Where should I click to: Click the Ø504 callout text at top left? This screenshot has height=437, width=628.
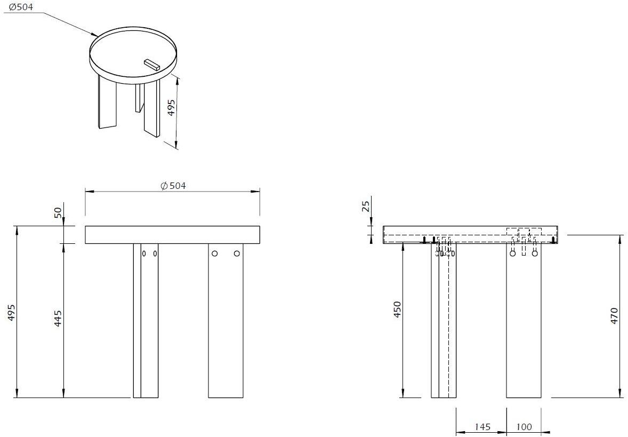[21, 6]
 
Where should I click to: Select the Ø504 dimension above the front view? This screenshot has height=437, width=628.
[173, 186]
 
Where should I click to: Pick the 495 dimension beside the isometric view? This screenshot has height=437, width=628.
[171, 107]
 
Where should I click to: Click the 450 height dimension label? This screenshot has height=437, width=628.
[397, 310]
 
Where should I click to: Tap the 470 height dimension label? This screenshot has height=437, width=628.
[614, 316]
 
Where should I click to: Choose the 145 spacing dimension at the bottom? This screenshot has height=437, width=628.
[481, 427]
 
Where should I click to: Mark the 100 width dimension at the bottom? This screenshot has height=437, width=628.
[524, 427]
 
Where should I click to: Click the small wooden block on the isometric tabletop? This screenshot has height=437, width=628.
[152, 65]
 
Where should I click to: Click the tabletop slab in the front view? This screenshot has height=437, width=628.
[173, 235]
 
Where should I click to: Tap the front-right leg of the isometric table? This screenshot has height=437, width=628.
[152, 109]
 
